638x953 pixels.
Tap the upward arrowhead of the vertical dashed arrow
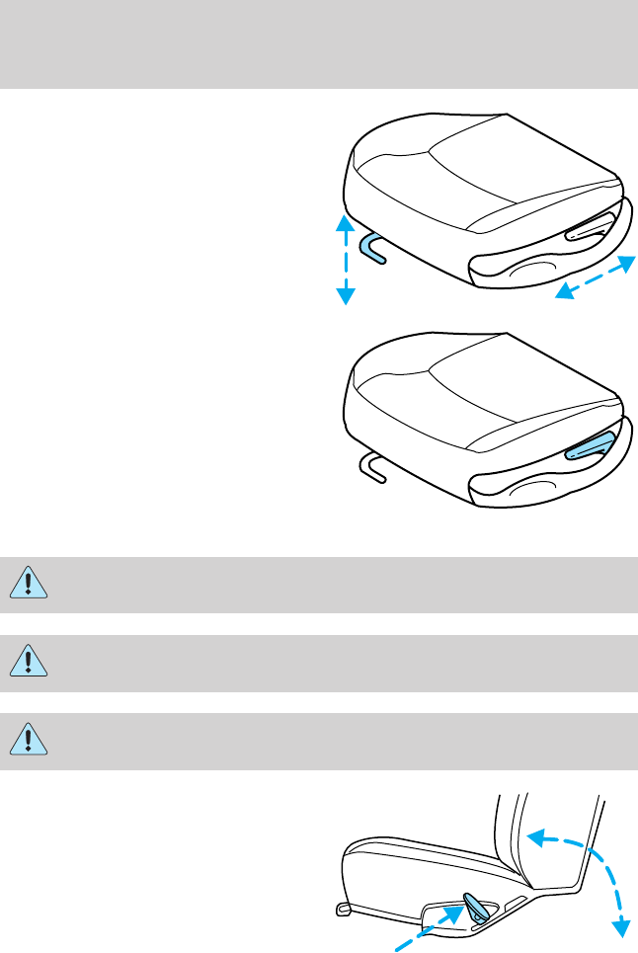tap(345, 222)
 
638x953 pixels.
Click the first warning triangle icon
tap(30, 583)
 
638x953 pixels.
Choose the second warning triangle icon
tap(30, 662)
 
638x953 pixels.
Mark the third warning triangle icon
tap(30, 741)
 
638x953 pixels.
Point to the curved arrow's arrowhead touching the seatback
tap(533, 838)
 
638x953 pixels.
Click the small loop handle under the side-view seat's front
tap(343, 908)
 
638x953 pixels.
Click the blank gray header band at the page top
tap(319, 44)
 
